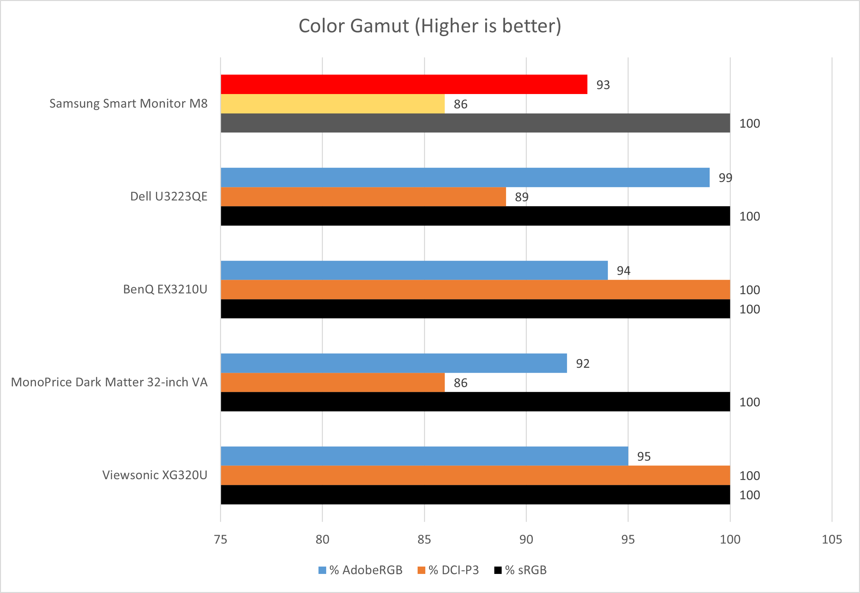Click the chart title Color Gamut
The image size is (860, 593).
click(430, 26)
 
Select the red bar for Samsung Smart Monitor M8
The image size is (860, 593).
click(404, 84)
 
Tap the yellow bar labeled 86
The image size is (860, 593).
click(333, 104)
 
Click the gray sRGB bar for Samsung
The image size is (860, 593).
click(475, 123)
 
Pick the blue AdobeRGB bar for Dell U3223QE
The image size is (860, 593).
click(465, 177)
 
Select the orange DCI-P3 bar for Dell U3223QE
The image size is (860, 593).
click(363, 196)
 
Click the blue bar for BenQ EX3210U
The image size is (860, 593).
click(414, 270)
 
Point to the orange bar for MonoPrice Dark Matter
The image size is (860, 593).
click(333, 382)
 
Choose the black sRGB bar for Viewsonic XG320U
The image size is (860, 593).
click(475, 495)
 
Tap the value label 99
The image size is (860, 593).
click(725, 178)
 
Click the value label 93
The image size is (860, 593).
click(603, 85)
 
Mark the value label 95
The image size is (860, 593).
click(644, 456)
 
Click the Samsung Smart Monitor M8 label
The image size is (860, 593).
click(128, 103)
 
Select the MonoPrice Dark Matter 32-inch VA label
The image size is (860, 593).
click(109, 382)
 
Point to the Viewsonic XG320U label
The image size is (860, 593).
click(155, 475)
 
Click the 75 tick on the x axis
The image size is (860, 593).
click(220, 539)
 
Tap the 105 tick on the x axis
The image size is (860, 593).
click(832, 539)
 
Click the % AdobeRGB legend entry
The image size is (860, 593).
click(361, 570)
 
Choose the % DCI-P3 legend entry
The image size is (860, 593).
click(448, 570)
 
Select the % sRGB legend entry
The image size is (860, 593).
click(520, 570)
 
